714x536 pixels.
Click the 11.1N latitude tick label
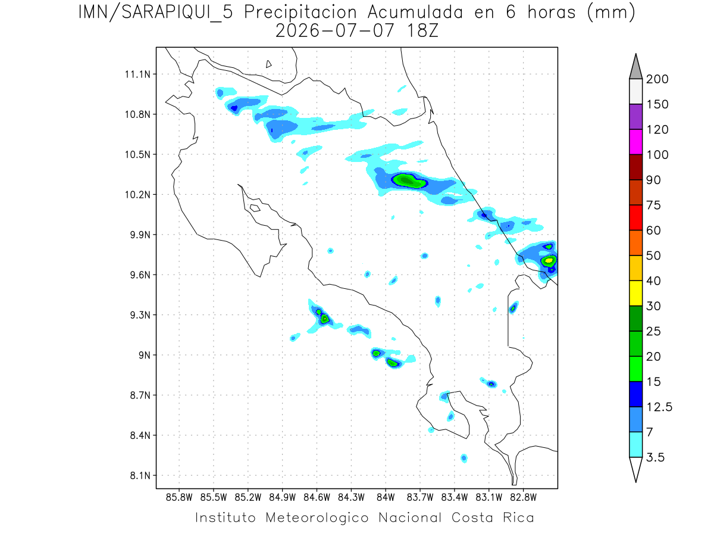[x=137, y=74]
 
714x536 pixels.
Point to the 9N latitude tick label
[x=145, y=355]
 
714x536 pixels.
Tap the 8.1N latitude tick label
[x=140, y=475]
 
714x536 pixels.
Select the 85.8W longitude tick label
[x=179, y=498]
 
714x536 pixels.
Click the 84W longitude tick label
[x=386, y=498]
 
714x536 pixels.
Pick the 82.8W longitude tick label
[x=523, y=498]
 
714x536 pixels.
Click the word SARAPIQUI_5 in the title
[x=177, y=13]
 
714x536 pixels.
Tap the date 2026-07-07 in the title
[x=335, y=31]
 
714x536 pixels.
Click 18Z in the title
[x=422, y=31]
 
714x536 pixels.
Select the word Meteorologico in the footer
[x=317, y=518]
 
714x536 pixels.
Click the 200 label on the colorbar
[x=657, y=79]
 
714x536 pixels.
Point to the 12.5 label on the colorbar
[x=659, y=407]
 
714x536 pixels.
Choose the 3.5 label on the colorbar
[x=655, y=457]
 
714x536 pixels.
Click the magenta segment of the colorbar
[x=635, y=142]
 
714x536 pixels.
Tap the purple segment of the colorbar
[x=635, y=117]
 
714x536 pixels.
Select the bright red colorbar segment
[x=635, y=218]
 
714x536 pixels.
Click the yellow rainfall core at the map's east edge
[x=549, y=260]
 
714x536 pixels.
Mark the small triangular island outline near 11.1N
[x=268, y=64]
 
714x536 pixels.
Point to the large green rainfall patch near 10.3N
[x=409, y=180]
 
